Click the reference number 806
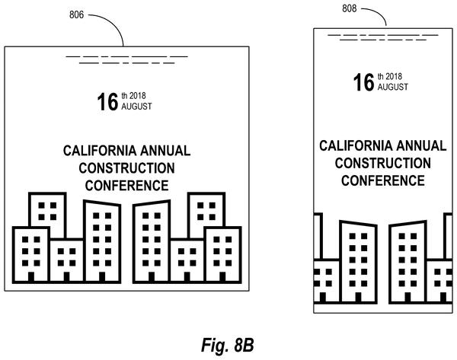point(76,14)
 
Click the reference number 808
point(349,8)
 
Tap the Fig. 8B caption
point(227,345)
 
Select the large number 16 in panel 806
point(107,102)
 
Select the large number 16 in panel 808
point(364,82)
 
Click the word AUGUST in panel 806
point(136,107)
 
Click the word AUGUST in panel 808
point(393,87)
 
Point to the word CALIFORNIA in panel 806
point(100,151)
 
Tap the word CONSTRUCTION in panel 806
point(126,168)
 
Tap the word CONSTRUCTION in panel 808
point(383,163)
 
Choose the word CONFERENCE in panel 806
point(126,186)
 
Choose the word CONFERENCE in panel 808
point(383,180)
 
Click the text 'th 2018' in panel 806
point(133,96)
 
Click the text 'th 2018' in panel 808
point(390,76)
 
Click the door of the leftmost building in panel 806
point(31,277)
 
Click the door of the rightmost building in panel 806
point(222,277)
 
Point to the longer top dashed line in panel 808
point(383,35)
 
